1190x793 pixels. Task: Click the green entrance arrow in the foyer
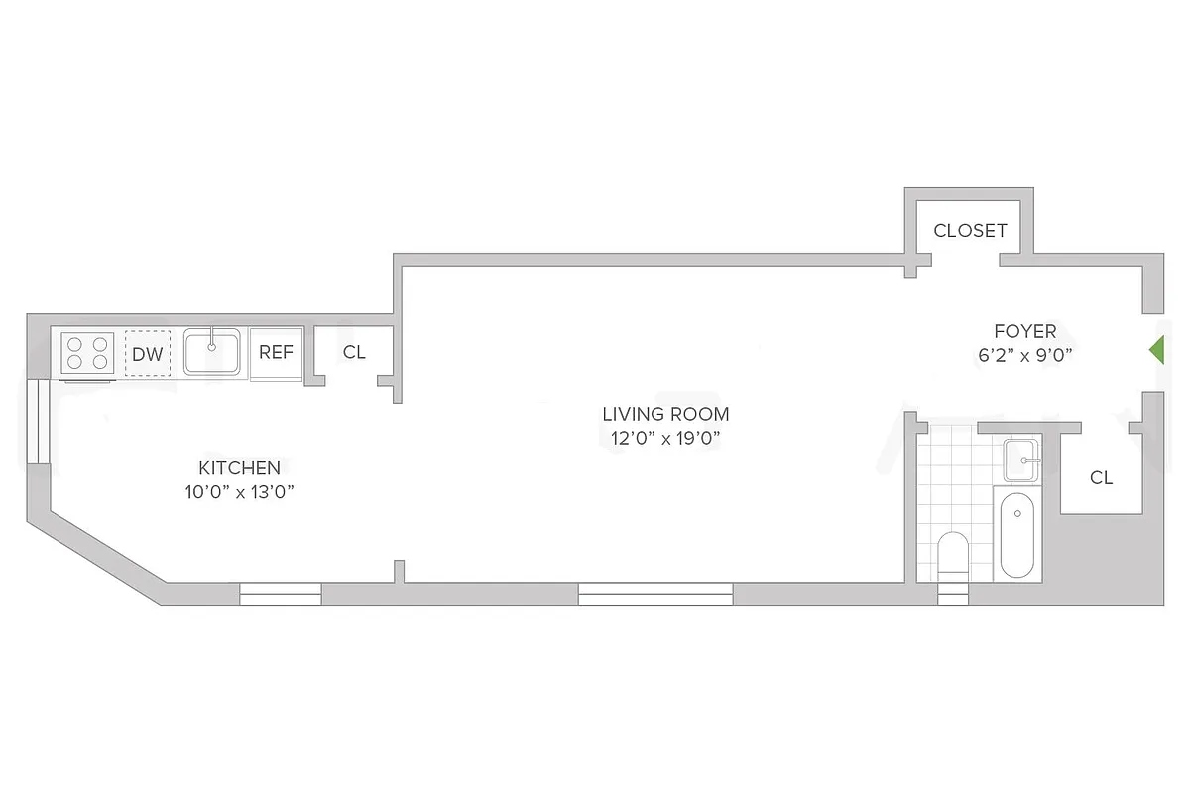pos(1155,349)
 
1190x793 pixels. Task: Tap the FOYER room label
pos(1025,331)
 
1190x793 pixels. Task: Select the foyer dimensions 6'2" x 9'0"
pos(1025,354)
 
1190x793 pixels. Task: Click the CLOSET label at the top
pos(970,231)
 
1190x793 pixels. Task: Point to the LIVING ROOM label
pos(665,414)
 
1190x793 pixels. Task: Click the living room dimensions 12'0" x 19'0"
pos(665,438)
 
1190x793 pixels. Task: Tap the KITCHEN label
pos(239,467)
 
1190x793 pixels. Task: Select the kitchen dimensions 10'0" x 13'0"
pos(239,491)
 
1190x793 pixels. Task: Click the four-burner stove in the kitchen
pos(87,353)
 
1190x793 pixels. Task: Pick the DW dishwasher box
pos(147,353)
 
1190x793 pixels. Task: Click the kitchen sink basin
pos(211,353)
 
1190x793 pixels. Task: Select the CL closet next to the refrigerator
pos(354,352)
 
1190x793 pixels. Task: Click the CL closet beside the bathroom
pos(1101,477)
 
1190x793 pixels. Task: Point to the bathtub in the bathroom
pos(1017,535)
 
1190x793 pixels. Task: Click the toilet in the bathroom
pos(952,555)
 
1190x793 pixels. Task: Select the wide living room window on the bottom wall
pos(655,594)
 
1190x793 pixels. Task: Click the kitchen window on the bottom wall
pos(281,594)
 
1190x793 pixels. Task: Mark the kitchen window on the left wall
pos(38,421)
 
